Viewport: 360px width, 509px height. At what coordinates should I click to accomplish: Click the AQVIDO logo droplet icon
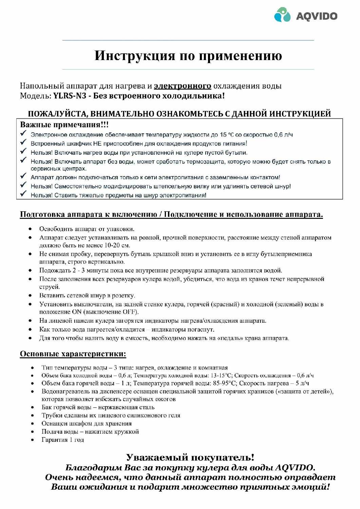(x=282, y=15)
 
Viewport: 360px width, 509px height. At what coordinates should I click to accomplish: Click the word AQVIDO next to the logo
(x=317, y=16)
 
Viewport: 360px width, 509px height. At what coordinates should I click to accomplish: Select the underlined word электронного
(x=183, y=86)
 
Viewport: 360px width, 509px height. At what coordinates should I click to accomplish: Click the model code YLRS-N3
(x=70, y=96)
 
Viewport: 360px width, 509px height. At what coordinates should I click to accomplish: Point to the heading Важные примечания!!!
(x=64, y=125)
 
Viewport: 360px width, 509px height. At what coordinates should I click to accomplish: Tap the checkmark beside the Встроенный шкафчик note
(x=23, y=143)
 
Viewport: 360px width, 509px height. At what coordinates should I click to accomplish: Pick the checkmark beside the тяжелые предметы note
(x=23, y=194)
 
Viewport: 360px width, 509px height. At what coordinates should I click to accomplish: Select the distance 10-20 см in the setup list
(x=117, y=245)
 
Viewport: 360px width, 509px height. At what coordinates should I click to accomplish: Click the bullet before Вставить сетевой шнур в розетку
(x=31, y=296)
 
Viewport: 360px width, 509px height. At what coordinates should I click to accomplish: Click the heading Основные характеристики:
(x=73, y=354)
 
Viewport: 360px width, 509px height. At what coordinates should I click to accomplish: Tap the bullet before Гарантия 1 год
(x=33, y=440)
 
